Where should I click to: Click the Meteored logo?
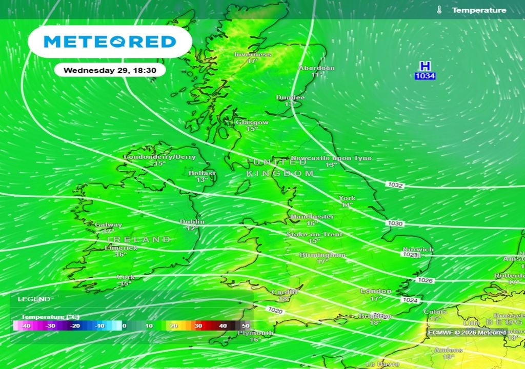coord(109,42)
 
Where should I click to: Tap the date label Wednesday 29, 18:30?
coord(110,70)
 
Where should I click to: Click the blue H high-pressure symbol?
coord(425,67)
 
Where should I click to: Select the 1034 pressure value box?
coord(425,76)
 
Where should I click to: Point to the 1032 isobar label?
coord(395,184)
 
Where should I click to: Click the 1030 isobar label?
coord(395,224)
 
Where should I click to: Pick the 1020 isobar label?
coord(275,311)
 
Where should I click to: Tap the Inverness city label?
coord(252,54)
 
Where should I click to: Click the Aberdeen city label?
coord(317,68)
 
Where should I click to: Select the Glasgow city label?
coord(252,122)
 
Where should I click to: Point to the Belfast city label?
coord(201,174)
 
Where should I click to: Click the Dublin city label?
coord(192,222)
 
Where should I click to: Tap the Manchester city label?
coord(312,217)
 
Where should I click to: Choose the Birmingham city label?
coord(322,255)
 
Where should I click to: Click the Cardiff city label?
coord(285,292)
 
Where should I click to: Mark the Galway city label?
coord(108,224)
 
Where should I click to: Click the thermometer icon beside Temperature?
coord(439,10)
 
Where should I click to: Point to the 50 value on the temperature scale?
coord(246,326)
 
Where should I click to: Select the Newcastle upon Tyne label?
coord(331,158)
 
